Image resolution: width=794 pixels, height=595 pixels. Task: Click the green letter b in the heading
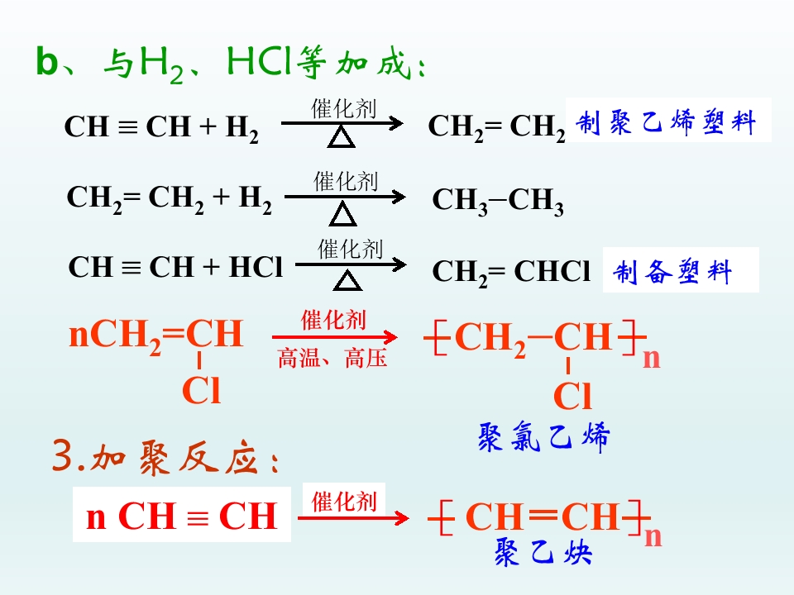pos(47,62)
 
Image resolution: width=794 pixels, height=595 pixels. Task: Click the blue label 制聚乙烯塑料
pos(666,122)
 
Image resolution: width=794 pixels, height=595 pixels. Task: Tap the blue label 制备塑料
pos(672,271)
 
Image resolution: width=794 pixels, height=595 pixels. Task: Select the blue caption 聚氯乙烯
pos(544,436)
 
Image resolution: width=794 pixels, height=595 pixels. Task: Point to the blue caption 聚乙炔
pos(543,551)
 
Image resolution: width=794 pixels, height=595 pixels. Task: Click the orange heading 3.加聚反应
pos(165,457)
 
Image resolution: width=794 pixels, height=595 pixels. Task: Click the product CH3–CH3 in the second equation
pos(498,201)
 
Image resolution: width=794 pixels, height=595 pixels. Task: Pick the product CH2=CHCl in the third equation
pos(511,272)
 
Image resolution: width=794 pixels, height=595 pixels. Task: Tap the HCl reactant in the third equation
pos(256,267)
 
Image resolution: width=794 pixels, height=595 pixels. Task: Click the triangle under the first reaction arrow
pos(342,137)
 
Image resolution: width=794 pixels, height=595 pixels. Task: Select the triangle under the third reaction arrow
pos(347,280)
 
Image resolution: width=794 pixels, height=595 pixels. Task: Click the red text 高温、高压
pos(332,358)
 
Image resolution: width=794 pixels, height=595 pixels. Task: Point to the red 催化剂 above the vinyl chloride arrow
pos(333,320)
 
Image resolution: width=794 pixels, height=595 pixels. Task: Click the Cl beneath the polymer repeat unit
pos(572,395)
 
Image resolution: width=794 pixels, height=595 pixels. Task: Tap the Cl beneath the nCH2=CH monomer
pos(202,390)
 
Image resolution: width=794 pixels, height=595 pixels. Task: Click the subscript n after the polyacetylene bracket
pos(653,536)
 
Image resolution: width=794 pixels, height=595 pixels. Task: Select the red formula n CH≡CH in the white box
pos(182,516)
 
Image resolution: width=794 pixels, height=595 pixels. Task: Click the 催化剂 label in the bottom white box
pos(344,502)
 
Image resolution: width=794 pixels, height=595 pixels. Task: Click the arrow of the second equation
pos(345,197)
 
